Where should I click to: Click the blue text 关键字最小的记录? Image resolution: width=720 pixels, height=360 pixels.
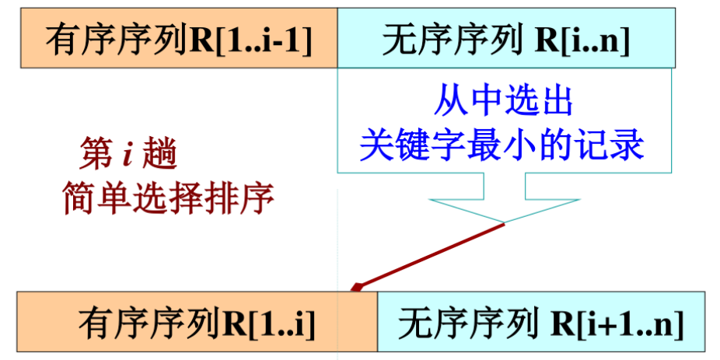point(503,145)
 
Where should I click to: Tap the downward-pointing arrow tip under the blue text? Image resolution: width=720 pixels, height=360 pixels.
point(505,221)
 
